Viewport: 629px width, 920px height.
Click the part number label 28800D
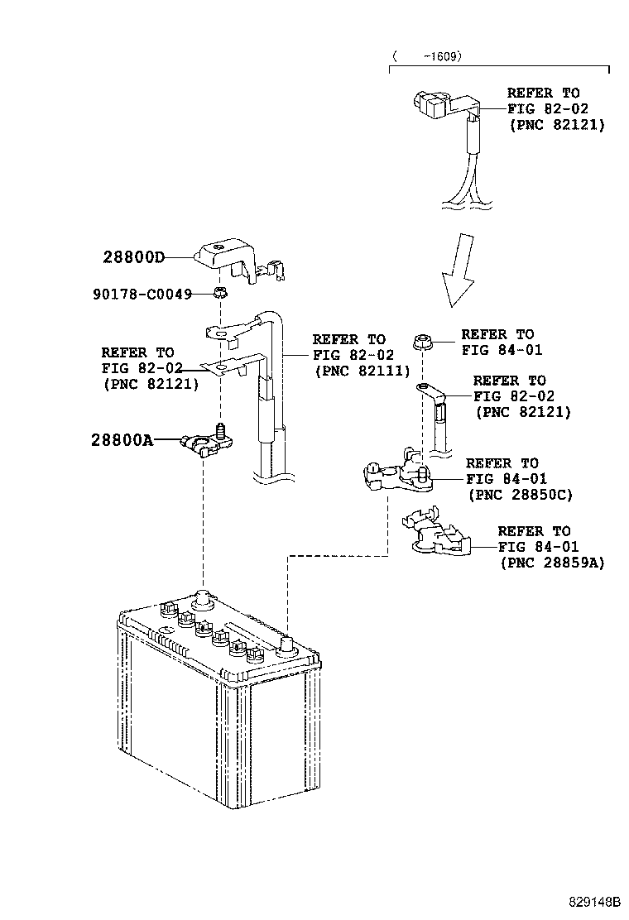pos(133,257)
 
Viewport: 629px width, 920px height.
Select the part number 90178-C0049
pos(142,294)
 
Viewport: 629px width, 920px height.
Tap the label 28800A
pos(122,440)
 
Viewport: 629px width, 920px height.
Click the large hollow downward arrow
pos(459,270)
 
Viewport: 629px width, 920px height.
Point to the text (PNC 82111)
pos(362,371)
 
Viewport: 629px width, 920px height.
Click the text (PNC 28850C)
pos(520,495)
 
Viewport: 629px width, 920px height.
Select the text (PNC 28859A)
pos(552,563)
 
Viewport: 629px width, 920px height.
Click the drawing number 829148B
pos(593,901)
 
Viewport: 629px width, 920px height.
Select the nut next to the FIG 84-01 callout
pos(422,341)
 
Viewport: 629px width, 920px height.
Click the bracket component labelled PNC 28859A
pos(437,533)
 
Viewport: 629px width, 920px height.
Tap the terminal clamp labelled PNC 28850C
pos(399,472)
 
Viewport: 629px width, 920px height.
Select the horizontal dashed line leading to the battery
pos(338,555)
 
